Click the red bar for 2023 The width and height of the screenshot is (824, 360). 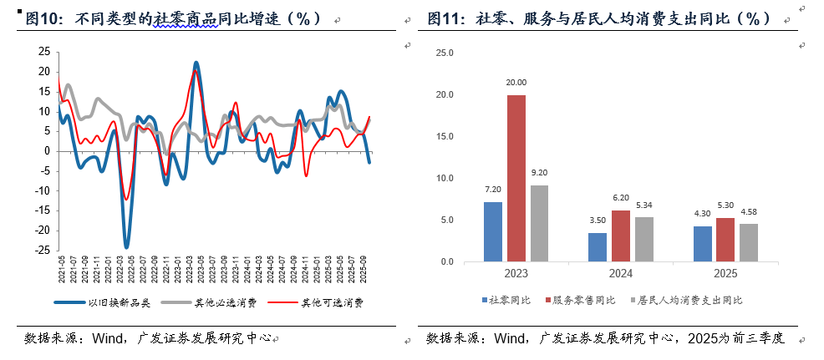tap(516, 178)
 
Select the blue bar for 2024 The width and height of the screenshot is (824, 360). tap(598, 247)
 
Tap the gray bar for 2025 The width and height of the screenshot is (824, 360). tap(748, 242)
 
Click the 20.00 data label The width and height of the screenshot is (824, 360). tap(516, 83)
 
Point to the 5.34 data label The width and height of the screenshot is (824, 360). tap(644, 205)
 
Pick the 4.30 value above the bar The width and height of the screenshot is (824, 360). tap(702, 214)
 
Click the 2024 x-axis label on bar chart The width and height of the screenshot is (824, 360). tap(621, 273)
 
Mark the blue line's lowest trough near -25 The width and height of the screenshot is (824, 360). tap(127, 247)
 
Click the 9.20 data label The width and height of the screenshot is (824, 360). tap(540, 174)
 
